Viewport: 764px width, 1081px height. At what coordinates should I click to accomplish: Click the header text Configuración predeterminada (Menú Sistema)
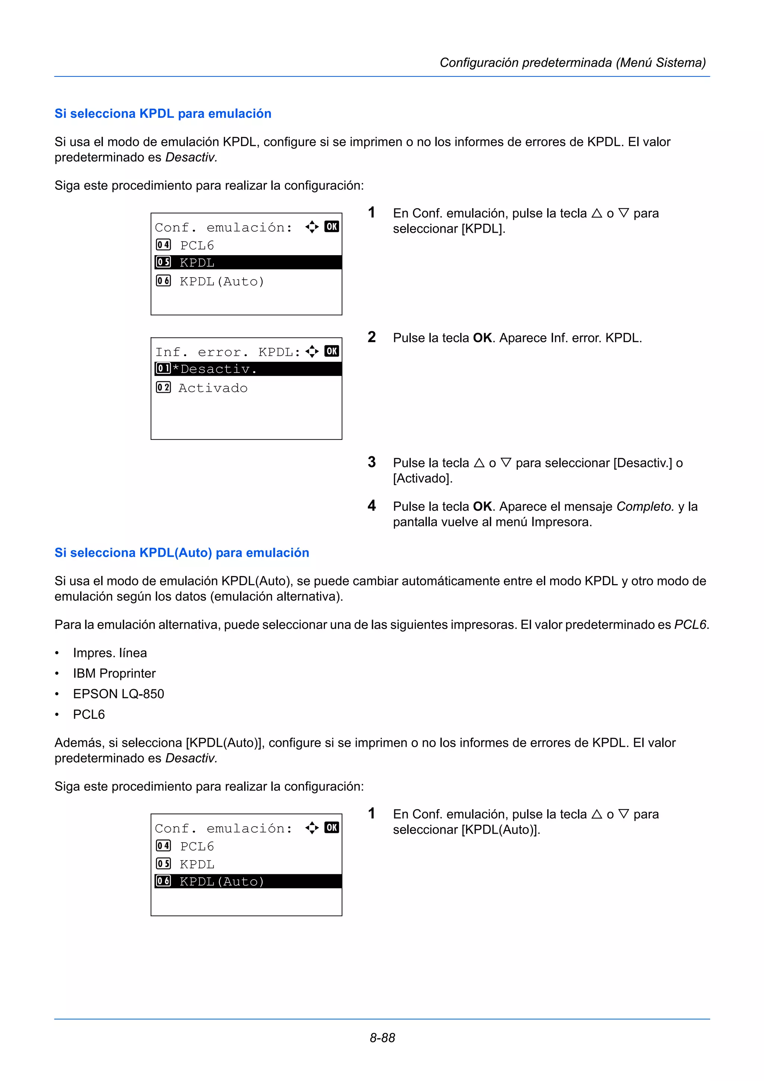(x=572, y=63)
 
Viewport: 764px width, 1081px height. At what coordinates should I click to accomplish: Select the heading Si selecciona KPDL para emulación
(x=163, y=113)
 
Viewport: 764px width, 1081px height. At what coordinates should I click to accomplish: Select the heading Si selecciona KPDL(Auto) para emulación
(x=182, y=552)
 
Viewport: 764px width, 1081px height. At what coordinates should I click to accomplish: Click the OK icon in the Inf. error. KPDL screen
(x=331, y=351)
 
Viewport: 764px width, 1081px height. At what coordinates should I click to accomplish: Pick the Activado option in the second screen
(x=213, y=388)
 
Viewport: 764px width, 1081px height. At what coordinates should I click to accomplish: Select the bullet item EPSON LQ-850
(x=118, y=693)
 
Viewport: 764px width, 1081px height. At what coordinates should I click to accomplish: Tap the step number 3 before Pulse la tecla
(x=372, y=462)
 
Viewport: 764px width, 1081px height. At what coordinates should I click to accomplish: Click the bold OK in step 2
(x=482, y=338)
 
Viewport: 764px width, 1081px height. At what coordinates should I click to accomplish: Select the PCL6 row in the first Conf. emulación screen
(x=197, y=245)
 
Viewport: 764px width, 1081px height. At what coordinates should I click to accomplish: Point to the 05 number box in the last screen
(x=163, y=864)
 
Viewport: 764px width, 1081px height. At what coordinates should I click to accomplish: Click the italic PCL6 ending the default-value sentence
(x=690, y=624)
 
